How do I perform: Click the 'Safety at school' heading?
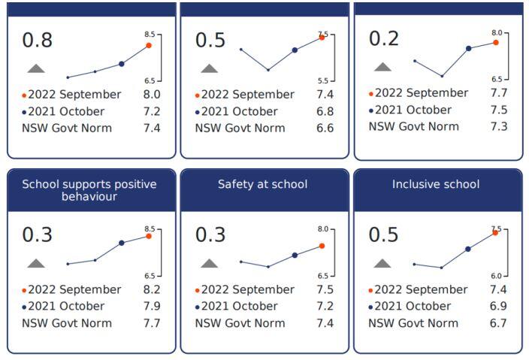263,184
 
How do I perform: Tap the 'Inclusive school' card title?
436,184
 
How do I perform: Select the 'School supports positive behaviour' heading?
89,190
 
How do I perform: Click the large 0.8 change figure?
38,40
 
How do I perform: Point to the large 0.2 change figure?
384,38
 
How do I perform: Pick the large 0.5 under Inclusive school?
384,234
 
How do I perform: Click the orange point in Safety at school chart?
322,246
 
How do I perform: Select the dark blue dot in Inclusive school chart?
467,249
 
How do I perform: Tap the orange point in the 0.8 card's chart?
149,45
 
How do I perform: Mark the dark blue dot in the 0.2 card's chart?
468,48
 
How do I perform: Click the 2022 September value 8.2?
152,289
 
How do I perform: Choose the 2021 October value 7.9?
152,306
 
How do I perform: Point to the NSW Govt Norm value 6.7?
497,323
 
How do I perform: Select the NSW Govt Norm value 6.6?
325,128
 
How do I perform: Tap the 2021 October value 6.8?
325,111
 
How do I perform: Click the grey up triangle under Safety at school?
209,263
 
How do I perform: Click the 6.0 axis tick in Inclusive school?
496,276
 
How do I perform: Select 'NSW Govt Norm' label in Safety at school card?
240,323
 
